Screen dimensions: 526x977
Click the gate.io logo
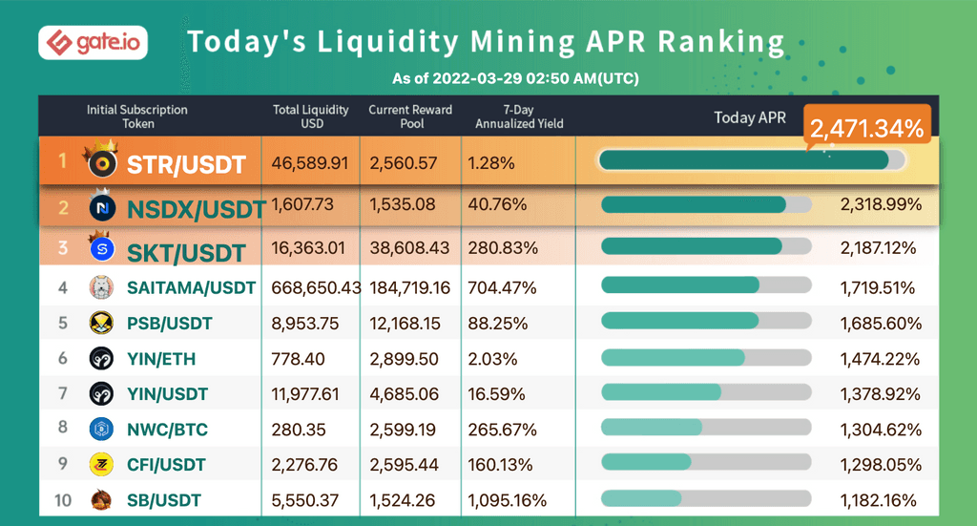pyautogui.click(x=93, y=43)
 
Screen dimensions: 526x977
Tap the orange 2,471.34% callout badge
pyautogui.click(x=867, y=128)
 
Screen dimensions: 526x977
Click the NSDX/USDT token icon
pyautogui.click(x=102, y=206)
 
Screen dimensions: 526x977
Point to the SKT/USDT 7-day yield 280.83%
pyautogui.click(x=503, y=248)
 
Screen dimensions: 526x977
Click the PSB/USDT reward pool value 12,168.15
pyautogui.click(x=404, y=323)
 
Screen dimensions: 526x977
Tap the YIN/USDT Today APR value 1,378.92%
pyautogui.click(x=880, y=393)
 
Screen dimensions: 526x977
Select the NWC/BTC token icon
pyautogui.click(x=102, y=429)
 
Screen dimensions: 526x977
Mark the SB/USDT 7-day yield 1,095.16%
pyautogui.click(x=507, y=500)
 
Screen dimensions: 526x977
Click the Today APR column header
pyautogui.click(x=750, y=117)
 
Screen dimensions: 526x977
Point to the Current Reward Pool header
pyautogui.click(x=410, y=116)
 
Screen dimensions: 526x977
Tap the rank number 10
pyautogui.click(x=62, y=499)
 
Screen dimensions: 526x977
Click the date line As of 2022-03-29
pyautogui.click(x=515, y=78)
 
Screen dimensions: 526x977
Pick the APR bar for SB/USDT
pyautogui.click(x=706, y=498)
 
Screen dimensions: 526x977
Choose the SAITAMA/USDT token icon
pyautogui.click(x=102, y=286)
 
